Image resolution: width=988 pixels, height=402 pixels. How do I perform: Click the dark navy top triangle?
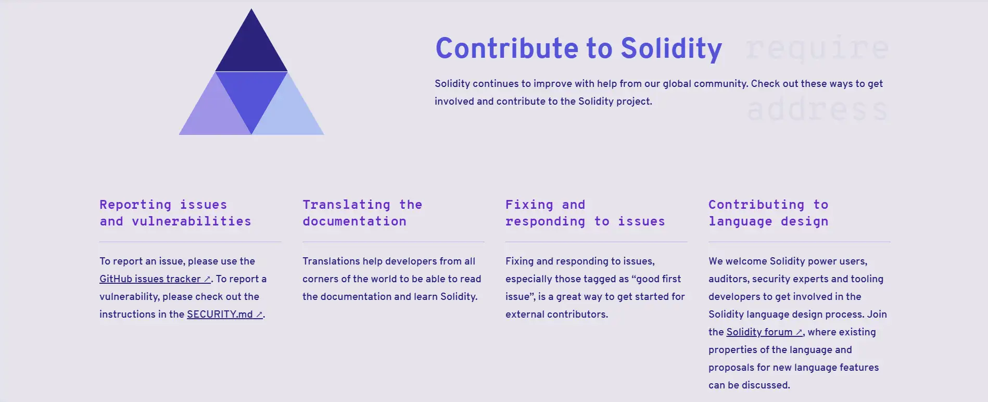[251, 49]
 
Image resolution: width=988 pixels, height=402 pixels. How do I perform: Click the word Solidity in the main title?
[672, 48]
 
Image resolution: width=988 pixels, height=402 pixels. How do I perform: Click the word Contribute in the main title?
[507, 48]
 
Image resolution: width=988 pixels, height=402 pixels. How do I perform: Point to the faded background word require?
[817, 48]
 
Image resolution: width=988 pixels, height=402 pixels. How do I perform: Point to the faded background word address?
[817, 109]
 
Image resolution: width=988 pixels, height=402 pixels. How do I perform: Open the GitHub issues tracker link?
[155, 279]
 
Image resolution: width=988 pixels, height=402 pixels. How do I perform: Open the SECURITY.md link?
[225, 315]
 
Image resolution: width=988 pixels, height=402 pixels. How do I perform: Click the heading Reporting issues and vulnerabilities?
[175, 213]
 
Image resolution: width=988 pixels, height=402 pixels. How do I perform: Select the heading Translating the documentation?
[362, 213]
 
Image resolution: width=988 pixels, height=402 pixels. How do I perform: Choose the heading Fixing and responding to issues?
[585, 213]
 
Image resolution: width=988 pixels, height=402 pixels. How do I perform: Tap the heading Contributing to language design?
[768, 213]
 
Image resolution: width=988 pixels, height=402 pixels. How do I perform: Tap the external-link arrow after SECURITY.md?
[259, 315]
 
